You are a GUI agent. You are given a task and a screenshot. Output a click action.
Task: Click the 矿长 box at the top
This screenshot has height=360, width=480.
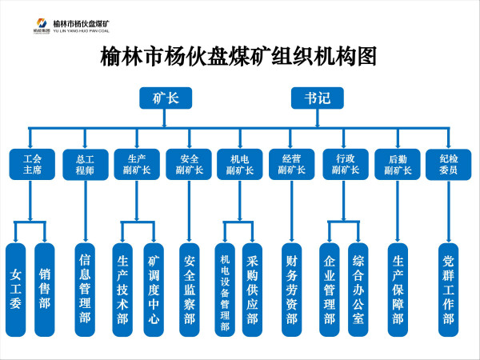pos(164,98)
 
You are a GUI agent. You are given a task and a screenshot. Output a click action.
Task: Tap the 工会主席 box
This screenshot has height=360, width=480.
pos(32,164)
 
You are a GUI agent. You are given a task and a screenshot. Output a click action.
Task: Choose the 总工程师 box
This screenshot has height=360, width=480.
pos(85,164)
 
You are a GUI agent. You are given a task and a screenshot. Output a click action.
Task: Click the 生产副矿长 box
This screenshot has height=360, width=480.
pos(138,164)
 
